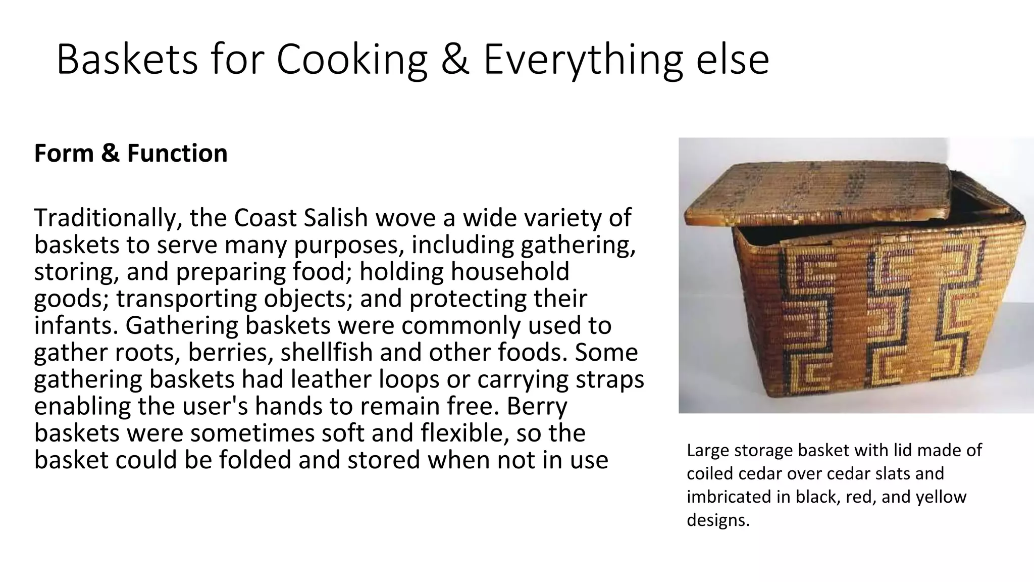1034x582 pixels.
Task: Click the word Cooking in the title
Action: (351, 60)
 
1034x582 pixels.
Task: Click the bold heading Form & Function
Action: (131, 153)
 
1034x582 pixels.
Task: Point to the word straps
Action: (609, 379)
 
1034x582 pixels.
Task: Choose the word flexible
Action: (461, 433)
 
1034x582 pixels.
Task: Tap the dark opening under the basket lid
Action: (808, 232)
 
